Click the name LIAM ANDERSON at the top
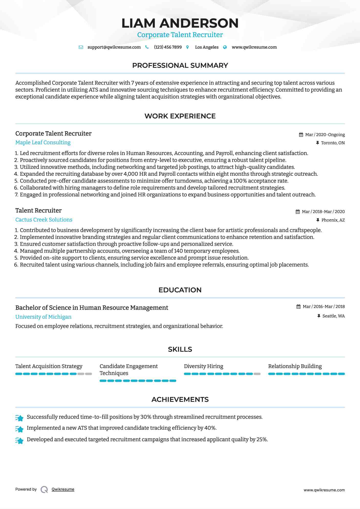coord(180,23)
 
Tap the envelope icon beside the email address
coord(81,47)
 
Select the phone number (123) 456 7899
coord(168,47)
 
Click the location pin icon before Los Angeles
coord(188,47)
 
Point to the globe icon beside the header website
coord(225,47)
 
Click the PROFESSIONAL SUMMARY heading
coord(180,65)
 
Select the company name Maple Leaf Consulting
coord(43,142)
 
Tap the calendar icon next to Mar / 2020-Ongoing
coord(301,135)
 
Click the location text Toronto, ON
coord(333,143)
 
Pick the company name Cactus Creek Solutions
coord(44,220)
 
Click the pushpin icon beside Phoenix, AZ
coord(318,220)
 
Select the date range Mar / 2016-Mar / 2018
coord(323,307)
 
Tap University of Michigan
coord(43,317)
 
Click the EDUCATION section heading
coord(180,290)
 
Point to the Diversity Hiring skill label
coord(203,366)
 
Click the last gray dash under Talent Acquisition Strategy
coord(89,374)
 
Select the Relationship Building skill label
coord(295,366)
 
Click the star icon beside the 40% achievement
coord(19,429)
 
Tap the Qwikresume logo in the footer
coord(44,490)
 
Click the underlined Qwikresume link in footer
coord(63,489)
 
